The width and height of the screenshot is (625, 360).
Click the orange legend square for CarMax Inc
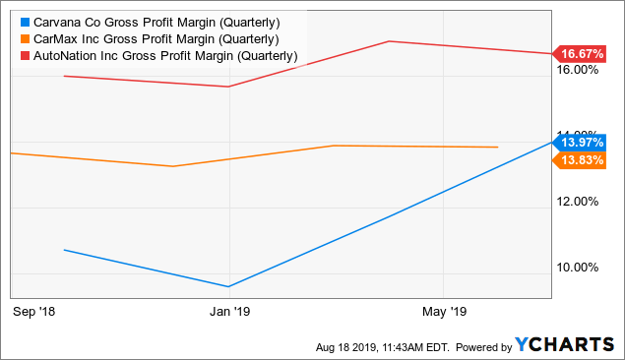pos(24,39)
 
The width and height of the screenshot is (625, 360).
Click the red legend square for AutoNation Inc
pos(24,56)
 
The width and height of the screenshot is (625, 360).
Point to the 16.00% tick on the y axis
pos(579,70)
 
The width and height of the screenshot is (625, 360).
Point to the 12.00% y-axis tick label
pos(579,202)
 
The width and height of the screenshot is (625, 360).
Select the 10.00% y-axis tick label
pos(579,267)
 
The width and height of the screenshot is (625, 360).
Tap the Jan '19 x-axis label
pos(228,312)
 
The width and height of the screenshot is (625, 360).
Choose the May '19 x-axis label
pos(443,312)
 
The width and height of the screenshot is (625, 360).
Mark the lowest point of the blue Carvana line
pos(228,287)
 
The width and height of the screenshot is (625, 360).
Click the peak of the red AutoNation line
pos(390,41)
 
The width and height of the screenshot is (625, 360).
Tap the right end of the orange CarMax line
pos(497,147)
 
